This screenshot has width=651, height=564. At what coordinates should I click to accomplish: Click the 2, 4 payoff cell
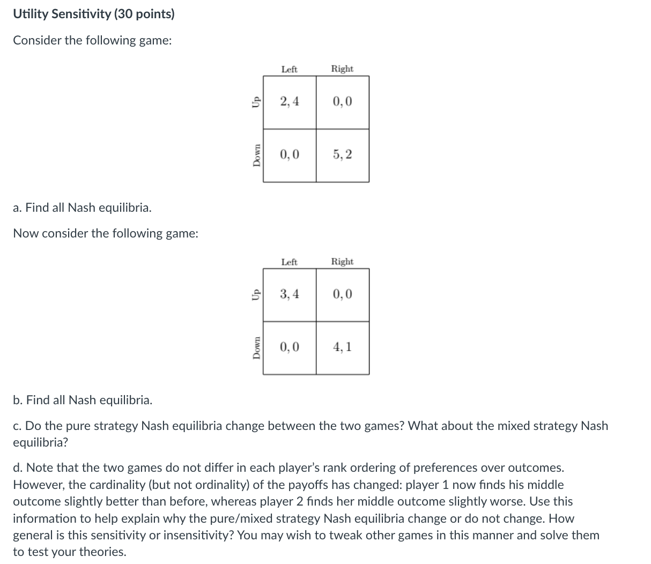290,102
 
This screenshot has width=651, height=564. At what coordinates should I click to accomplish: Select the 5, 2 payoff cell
342,155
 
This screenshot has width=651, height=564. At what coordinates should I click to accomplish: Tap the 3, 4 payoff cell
290,294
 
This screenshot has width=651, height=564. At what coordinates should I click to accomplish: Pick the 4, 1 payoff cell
342,347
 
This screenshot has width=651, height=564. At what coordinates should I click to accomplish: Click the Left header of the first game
289,69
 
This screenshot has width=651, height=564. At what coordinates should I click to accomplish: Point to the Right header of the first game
342,69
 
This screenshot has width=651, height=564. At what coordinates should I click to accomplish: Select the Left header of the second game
289,262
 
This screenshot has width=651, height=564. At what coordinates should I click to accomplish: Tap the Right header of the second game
342,262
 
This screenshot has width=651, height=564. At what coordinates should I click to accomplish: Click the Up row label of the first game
256,102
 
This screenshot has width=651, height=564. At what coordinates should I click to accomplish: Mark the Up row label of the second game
256,294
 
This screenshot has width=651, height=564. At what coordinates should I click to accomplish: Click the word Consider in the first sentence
36,41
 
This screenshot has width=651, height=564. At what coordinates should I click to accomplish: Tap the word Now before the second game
25,234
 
